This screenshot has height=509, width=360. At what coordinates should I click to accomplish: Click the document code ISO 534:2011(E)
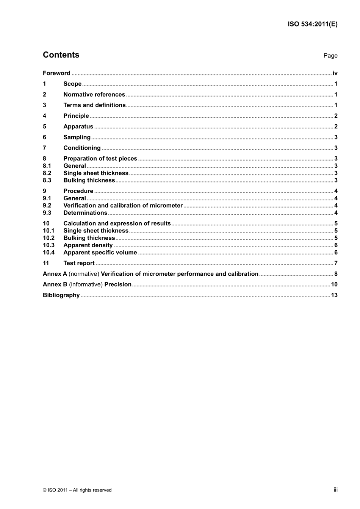point(312,24)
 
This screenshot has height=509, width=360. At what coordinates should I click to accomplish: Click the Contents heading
point(61,55)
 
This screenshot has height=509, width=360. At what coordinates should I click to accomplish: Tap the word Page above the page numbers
point(330,56)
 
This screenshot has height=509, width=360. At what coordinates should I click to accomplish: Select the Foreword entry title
point(56,73)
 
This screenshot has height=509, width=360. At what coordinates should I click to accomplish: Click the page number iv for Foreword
point(335,73)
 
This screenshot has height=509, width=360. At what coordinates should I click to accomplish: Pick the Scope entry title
point(72,84)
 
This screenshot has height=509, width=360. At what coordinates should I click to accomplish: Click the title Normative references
point(94,95)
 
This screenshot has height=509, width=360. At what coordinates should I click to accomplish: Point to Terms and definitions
point(94,105)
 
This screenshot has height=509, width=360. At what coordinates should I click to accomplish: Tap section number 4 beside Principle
point(44,116)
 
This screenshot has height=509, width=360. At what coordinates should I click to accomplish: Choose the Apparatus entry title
point(78,126)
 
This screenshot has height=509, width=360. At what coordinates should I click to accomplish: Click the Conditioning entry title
point(82,148)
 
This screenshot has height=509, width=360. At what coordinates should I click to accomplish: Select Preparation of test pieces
point(100,159)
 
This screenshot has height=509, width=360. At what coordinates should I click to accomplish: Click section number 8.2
point(47,173)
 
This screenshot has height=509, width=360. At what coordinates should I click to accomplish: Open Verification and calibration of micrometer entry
point(123,206)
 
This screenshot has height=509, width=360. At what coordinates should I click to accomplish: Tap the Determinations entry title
point(85,213)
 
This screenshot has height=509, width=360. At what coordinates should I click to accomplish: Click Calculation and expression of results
point(117,223)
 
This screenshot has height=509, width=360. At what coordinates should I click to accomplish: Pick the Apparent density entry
point(88,245)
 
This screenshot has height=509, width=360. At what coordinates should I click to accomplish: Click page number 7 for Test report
point(336,263)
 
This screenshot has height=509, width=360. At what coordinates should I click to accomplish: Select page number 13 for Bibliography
point(334,295)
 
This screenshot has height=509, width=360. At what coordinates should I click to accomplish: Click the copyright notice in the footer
point(77,490)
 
